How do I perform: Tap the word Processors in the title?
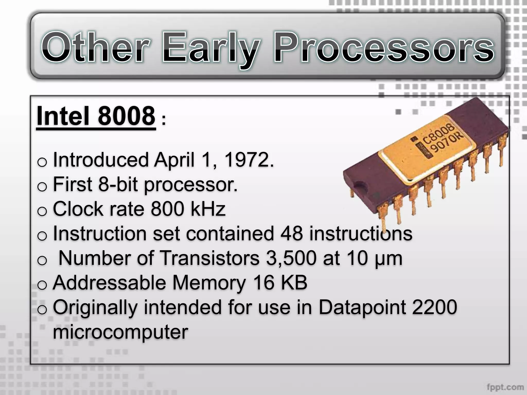pos(383,48)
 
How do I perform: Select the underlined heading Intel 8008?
pos(96,116)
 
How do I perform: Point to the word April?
pos(174,160)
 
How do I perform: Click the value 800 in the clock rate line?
pos(167,209)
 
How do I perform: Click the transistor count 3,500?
pos(291,258)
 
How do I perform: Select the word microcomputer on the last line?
pos(120,332)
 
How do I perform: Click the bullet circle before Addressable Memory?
pos(42,285)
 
